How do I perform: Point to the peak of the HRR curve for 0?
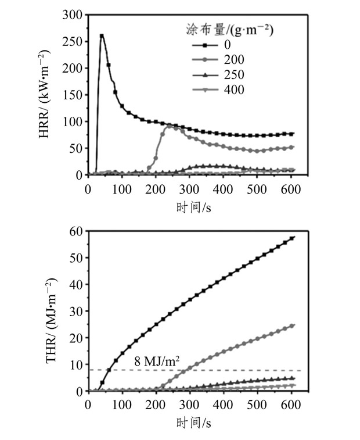(x=102, y=35)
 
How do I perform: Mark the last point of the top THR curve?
(x=292, y=237)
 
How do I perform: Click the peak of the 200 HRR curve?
(x=170, y=125)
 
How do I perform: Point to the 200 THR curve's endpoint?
(x=292, y=325)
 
